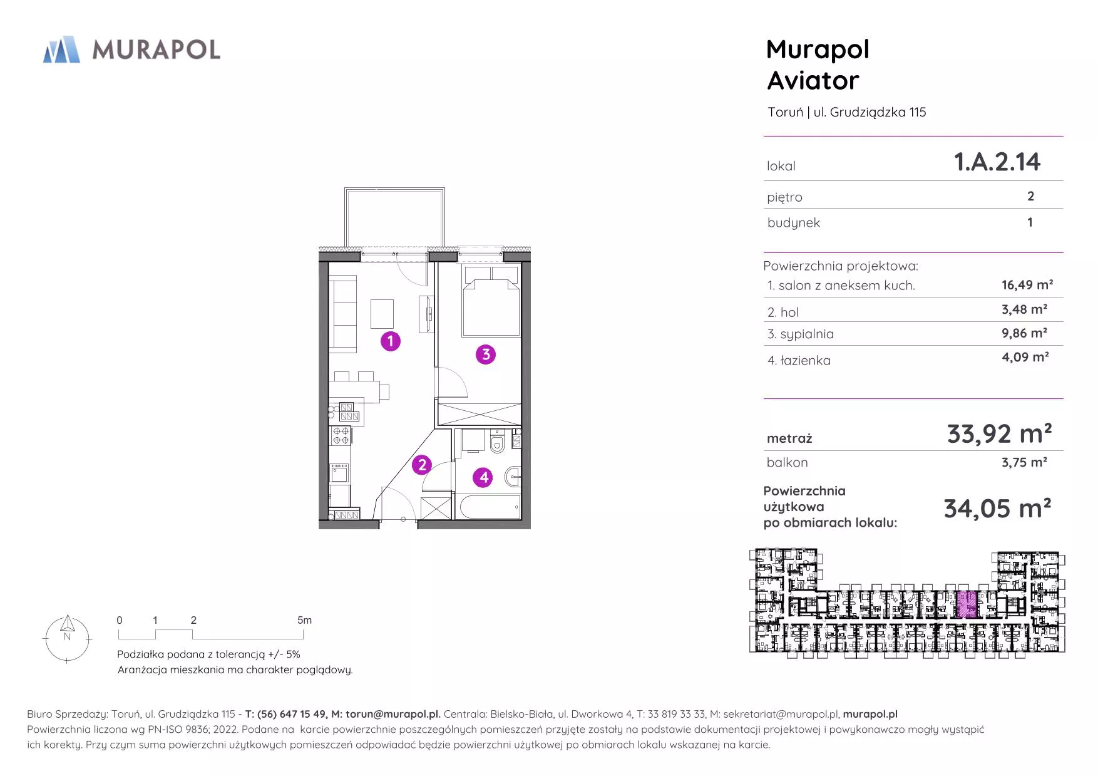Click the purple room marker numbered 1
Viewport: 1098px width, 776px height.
[x=391, y=341]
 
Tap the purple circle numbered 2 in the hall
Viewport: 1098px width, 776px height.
[x=422, y=465]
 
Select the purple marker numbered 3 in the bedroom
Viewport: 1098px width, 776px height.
[x=486, y=354]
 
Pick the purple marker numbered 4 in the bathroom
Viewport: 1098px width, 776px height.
[x=483, y=477]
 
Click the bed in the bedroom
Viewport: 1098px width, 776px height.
[x=491, y=301]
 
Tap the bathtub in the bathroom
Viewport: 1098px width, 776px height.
[x=490, y=507]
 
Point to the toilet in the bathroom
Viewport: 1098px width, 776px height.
[x=498, y=442]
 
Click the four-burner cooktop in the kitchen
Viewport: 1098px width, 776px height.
[x=341, y=435]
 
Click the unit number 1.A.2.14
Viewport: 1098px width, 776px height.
[x=997, y=162]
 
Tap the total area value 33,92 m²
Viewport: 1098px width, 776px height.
[x=999, y=433]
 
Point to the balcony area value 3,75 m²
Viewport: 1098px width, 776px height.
[x=1024, y=462]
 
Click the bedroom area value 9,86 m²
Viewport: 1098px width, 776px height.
[x=1024, y=333]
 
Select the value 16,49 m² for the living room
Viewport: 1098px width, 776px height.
[x=1027, y=285]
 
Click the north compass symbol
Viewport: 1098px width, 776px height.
[x=67, y=639]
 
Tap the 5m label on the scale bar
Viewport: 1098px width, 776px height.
[x=304, y=620]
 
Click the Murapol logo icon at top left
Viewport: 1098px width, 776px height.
[x=61, y=49]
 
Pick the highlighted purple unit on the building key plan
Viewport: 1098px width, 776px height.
[x=967, y=604]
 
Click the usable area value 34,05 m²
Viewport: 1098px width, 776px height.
[x=997, y=509]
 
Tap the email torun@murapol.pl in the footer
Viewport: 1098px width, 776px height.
[x=393, y=714]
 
